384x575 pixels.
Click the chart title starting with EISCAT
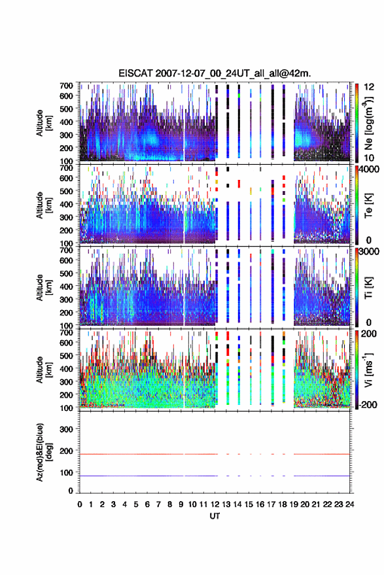[x=215, y=73]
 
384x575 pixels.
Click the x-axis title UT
[x=215, y=516]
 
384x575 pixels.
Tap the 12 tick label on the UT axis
[x=215, y=504]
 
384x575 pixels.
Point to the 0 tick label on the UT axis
[x=80, y=504]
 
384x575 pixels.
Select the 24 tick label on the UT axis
[x=349, y=504]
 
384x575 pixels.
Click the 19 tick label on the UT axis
[x=294, y=504]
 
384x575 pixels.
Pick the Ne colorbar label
[x=368, y=123]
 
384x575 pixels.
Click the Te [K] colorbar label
[x=368, y=205]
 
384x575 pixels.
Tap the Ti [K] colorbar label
[x=368, y=288]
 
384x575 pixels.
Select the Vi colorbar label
[x=368, y=370]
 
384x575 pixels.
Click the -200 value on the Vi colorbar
[x=367, y=405]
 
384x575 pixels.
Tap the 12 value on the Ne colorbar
[x=369, y=87]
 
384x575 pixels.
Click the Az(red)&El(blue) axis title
[x=43, y=452]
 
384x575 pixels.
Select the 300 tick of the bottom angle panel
[x=66, y=429]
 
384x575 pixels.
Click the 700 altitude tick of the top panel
[x=66, y=86]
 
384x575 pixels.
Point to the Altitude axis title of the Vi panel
[x=43, y=370]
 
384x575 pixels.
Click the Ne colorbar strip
[x=357, y=123]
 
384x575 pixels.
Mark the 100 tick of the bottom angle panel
[x=66, y=473]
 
